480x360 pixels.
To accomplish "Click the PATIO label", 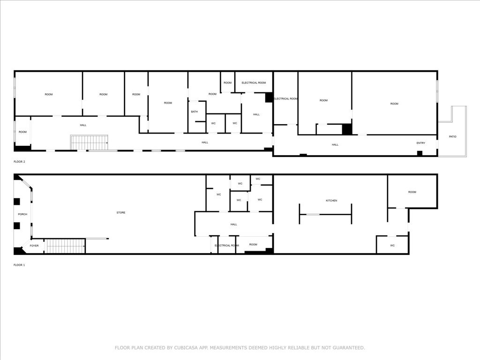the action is [452, 136].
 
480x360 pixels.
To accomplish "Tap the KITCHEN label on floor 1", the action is [331, 201].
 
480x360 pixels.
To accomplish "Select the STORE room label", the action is [121, 212].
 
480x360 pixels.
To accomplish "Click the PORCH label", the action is [22, 214].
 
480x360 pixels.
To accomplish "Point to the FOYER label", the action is [34, 246].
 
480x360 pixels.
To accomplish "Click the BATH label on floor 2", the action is [195, 112].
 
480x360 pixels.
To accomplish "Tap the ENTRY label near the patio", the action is [420, 143].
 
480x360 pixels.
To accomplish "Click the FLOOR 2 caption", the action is [19, 162].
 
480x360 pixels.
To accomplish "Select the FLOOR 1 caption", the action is [19, 265].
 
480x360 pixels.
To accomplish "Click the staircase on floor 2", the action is [90, 142].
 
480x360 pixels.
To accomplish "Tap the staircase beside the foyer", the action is [65, 246].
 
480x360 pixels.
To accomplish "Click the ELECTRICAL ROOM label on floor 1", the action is [226, 246].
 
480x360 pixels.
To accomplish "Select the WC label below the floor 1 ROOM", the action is [392, 246].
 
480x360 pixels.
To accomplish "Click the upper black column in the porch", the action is [16, 202].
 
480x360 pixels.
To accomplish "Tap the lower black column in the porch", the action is [16, 226].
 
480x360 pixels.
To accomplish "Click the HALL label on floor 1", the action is [233, 225].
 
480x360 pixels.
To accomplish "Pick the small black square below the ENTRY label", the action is [420, 153].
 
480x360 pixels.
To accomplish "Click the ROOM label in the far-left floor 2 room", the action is [22, 132].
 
